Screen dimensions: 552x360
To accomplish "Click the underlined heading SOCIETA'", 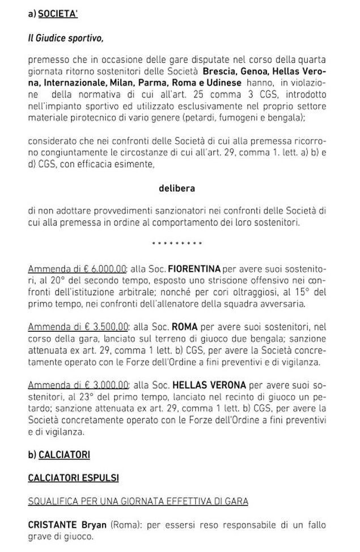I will point(60,16).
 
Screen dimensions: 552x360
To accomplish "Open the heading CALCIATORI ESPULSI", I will point(74,478).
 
